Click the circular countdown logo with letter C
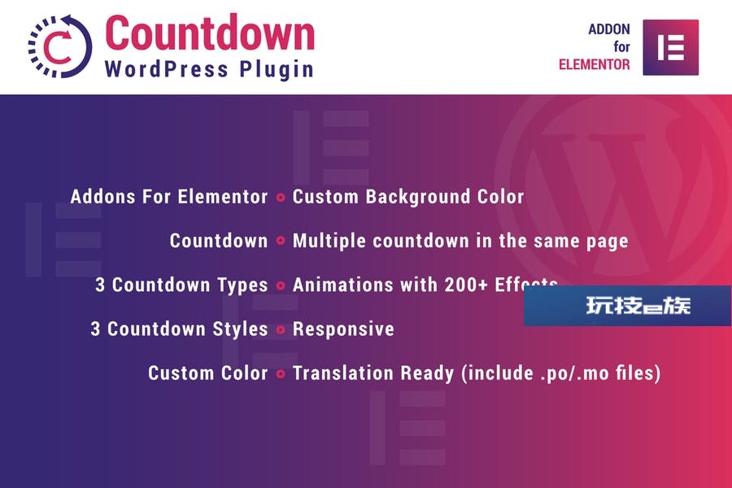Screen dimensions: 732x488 click(x=59, y=46)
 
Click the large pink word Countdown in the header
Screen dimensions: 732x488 click(x=210, y=33)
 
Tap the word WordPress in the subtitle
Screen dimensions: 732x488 click(x=167, y=69)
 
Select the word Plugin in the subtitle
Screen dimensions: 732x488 click(x=277, y=70)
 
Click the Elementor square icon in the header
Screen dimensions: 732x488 click(x=670, y=47)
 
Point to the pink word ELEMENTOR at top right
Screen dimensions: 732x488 click(x=595, y=64)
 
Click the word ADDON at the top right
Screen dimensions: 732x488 click(x=608, y=29)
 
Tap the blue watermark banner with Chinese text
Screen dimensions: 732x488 click(x=627, y=306)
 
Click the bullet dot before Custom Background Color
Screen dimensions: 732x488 click(x=281, y=197)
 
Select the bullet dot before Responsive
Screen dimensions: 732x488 click(x=281, y=329)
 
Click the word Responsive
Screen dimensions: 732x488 click(x=343, y=329)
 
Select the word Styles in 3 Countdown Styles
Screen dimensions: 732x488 click(x=240, y=329)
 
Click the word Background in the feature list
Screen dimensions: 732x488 click(x=417, y=197)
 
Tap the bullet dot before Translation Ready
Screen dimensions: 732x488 click(x=281, y=373)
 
